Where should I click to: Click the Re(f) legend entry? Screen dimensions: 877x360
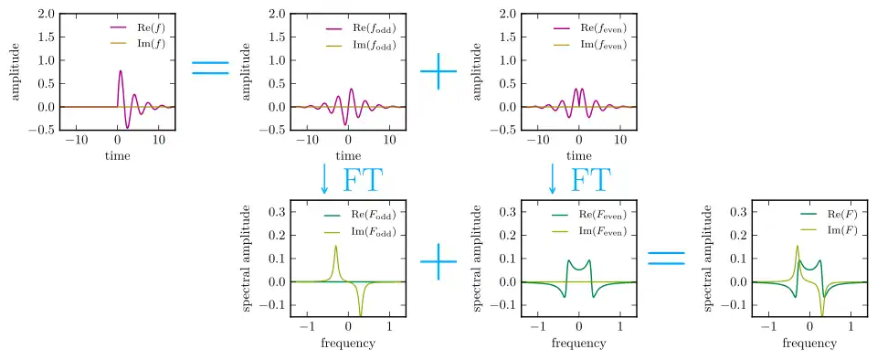[x=138, y=27]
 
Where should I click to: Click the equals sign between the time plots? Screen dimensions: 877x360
[x=210, y=68]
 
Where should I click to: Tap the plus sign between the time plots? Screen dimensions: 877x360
[x=438, y=71]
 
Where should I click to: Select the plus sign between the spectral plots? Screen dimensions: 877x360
[x=438, y=261]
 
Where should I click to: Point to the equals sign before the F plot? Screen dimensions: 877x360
[x=666, y=258]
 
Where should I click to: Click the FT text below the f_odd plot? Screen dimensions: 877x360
[x=363, y=180]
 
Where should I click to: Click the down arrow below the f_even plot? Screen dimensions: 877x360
[x=553, y=179]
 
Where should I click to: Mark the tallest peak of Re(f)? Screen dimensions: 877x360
[x=121, y=70]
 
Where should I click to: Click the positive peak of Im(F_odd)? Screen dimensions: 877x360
[x=335, y=246]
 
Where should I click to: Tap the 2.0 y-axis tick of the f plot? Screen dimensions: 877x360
[x=46, y=14]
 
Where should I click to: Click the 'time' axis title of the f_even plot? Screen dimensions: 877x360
[x=578, y=156]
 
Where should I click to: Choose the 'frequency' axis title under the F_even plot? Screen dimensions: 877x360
[x=578, y=342]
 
